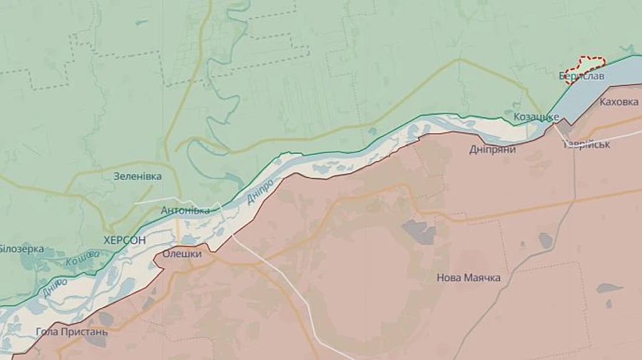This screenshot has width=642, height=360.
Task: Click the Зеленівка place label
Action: [137, 176]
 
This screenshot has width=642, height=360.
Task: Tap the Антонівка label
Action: [185, 210]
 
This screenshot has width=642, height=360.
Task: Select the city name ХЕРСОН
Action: [124, 240]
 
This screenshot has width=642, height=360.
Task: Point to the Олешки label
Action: [182, 253]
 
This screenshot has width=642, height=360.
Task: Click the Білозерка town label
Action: [21, 249]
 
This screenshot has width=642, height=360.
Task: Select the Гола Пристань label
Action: [72, 331]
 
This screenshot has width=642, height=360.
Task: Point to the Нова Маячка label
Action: [469, 277]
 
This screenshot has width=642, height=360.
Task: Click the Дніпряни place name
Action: [493, 149]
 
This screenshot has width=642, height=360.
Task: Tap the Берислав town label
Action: [581, 75]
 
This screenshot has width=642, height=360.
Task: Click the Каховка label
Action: [619, 102]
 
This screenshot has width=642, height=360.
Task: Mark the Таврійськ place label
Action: [586, 144]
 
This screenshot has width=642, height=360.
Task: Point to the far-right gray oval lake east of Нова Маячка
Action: [608, 288]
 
